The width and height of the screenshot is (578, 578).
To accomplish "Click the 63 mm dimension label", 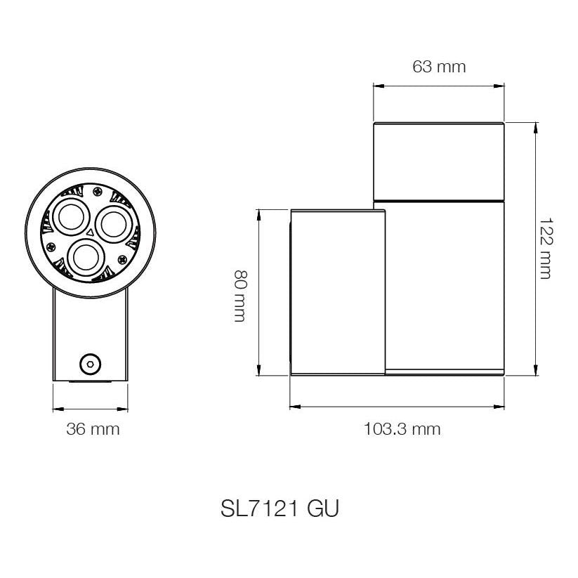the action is click(439, 67).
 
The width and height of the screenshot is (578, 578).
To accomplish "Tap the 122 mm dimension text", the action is click(546, 249).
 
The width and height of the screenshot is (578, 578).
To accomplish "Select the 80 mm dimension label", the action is click(241, 296).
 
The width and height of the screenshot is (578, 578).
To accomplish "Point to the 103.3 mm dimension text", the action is click(402, 429).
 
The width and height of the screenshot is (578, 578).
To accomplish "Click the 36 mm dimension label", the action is click(93, 429).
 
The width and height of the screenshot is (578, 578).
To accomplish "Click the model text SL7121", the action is click(259, 509).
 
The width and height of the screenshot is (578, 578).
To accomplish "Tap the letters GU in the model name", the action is click(322, 509).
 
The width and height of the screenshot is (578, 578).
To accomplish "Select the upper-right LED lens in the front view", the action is click(112, 224).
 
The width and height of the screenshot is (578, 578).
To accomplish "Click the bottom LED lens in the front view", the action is click(86, 257).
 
